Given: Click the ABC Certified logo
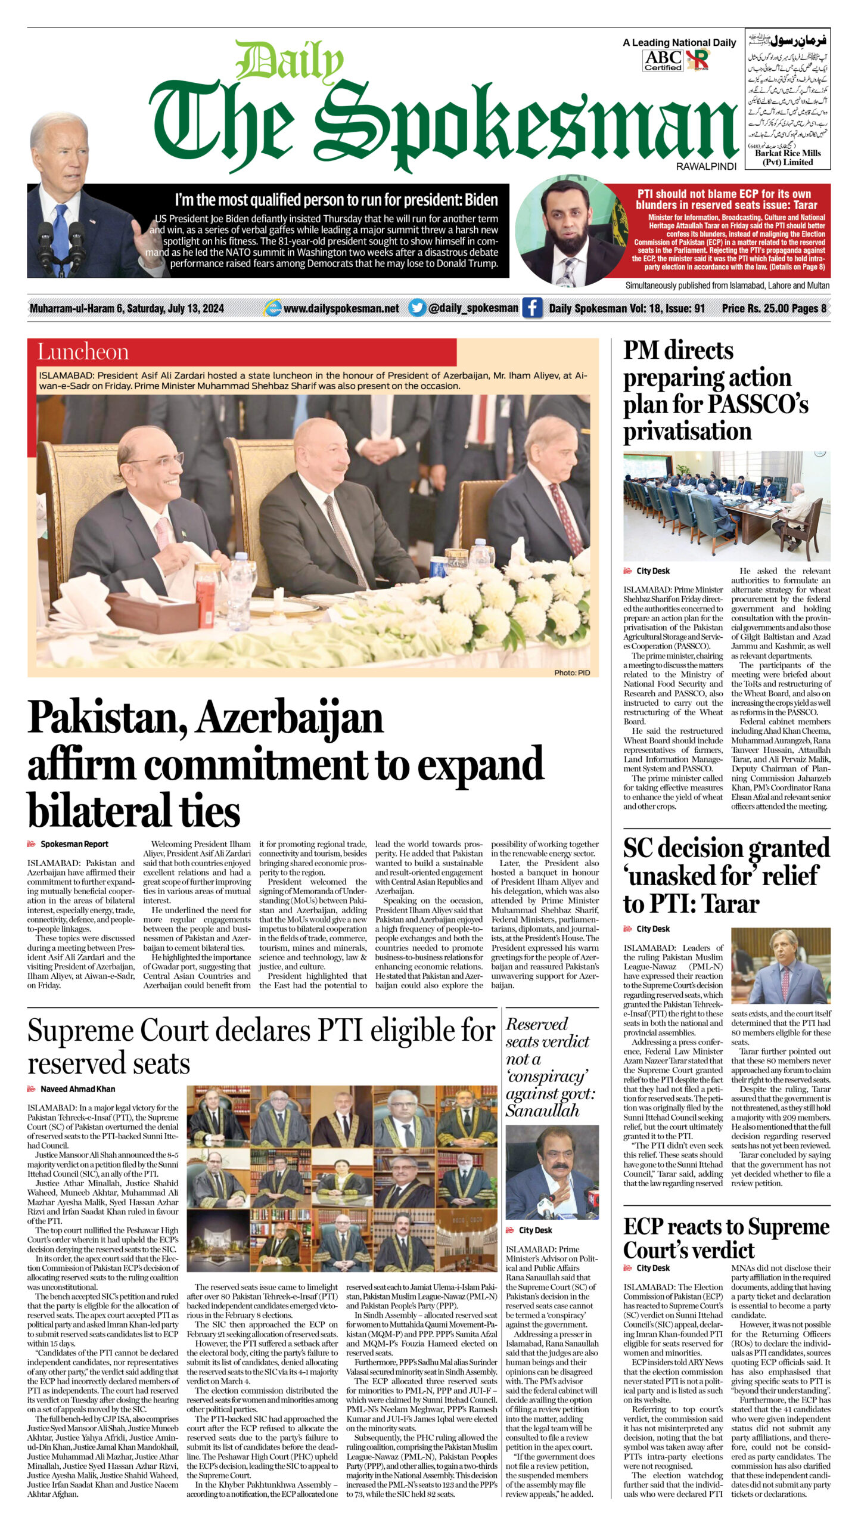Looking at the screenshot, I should click(x=663, y=60).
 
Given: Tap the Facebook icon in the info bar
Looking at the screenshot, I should click(x=531, y=308).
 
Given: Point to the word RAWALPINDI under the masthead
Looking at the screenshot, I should click(x=706, y=167).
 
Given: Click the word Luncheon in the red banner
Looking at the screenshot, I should click(x=83, y=352).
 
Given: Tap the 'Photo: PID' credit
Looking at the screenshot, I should click(x=572, y=673).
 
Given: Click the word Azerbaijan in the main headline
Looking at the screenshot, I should click(x=290, y=718).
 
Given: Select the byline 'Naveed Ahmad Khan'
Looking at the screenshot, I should click(x=77, y=1089).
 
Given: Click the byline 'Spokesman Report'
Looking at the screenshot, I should click(x=74, y=844).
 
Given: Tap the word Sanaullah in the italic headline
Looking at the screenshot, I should click(x=542, y=1110).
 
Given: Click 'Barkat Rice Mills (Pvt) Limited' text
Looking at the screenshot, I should click(x=787, y=157).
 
